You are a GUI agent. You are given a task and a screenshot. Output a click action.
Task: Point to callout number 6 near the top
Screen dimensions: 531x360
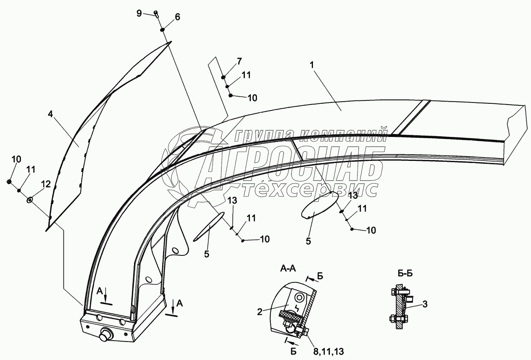tap(177, 17)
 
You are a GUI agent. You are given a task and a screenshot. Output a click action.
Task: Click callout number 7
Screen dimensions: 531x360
tap(239, 62)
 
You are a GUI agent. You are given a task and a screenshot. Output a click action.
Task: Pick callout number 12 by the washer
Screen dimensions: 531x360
tap(46, 184)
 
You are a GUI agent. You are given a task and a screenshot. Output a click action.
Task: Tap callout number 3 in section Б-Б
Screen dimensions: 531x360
tap(425, 305)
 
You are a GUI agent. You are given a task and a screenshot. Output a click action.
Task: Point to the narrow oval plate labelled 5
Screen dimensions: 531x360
tap(208, 227)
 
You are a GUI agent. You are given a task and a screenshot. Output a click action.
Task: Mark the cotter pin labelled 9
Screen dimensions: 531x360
tap(156, 14)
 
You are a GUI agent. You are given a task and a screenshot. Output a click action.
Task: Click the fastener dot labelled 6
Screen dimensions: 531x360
tap(162, 30)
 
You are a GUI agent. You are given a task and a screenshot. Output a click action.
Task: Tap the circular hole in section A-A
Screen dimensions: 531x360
tap(299, 297)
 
